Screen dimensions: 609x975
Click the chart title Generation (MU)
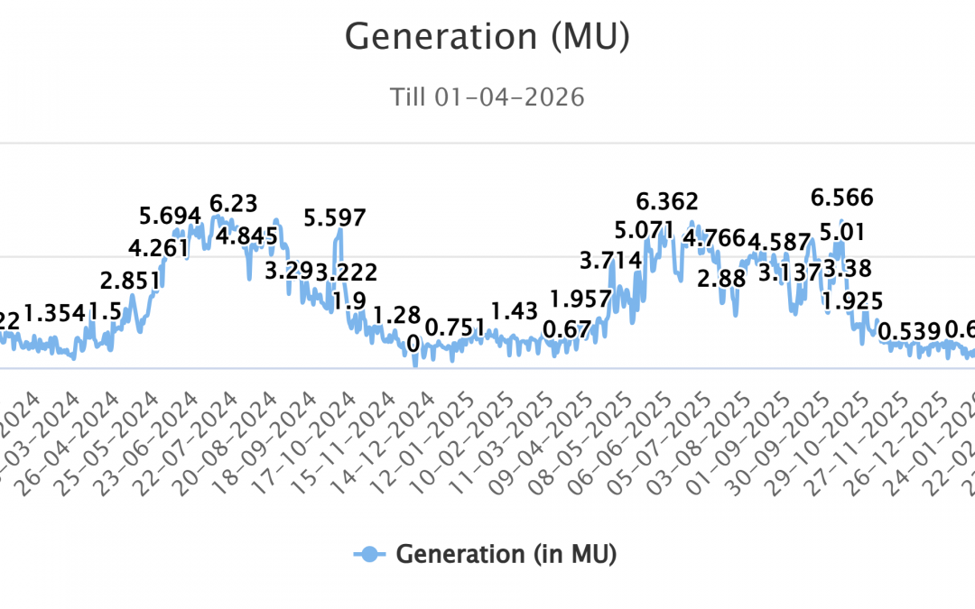click(487, 36)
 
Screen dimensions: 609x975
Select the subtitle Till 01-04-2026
click(487, 97)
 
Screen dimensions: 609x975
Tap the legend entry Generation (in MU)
click(486, 554)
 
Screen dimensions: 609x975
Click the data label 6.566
click(842, 198)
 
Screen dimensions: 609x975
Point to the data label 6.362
click(667, 200)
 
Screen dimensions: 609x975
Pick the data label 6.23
click(234, 202)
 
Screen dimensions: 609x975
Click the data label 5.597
click(335, 217)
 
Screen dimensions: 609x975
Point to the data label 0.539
click(909, 331)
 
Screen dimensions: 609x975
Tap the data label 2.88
click(722, 278)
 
